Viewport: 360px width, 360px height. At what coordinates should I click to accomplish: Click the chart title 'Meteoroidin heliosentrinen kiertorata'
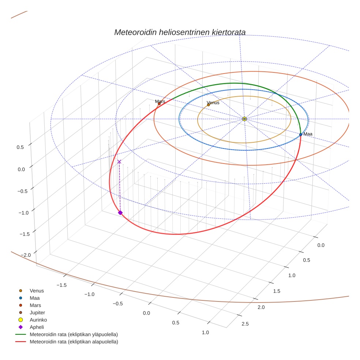pos(180,32)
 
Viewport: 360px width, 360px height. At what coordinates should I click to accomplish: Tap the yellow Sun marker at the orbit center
pos(244,119)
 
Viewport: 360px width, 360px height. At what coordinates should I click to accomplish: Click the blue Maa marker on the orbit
pos(301,135)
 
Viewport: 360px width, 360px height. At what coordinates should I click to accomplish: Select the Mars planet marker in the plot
pos(159,104)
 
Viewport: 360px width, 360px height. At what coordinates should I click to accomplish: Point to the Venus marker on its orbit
pos(209,105)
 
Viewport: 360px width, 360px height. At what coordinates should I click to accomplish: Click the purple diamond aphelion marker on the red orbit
pos(120,213)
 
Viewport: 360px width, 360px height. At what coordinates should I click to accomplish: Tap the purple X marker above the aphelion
pos(119,162)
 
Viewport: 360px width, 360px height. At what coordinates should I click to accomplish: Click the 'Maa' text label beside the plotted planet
pos(308,134)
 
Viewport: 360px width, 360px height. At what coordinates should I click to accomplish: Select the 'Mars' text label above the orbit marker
pos(160,101)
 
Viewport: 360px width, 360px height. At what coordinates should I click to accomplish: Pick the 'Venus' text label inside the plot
pos(213,103)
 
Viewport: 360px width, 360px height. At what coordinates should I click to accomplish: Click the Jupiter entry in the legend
pos(37,313)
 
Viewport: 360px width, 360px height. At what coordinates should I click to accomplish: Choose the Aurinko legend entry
pos(38,320)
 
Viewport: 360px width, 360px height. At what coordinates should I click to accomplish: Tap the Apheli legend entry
pos(37,327)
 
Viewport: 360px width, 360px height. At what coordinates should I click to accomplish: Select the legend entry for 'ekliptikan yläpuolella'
pos(74,335)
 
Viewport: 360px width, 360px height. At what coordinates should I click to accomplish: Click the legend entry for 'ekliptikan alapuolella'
pos(74,342)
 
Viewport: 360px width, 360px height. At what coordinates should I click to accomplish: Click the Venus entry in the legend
pos(37,291)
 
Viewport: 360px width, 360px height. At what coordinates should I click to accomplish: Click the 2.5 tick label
pos(245,324)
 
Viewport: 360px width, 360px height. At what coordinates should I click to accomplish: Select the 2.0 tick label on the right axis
pos(261,307)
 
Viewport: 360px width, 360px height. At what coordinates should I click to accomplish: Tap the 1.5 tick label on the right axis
pos(277,291)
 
